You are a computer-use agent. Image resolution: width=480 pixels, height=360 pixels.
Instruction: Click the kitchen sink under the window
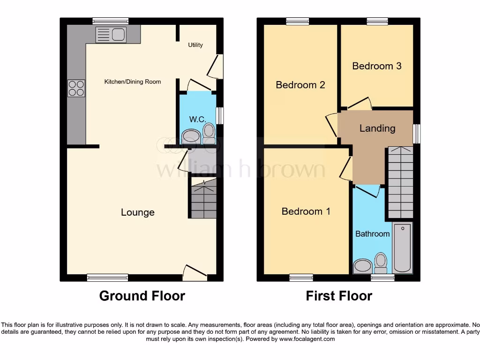[111, 34]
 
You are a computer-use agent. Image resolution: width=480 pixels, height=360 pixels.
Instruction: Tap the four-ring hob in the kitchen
[76, 88]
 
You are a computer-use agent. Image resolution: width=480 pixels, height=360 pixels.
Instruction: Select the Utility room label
[195, 45]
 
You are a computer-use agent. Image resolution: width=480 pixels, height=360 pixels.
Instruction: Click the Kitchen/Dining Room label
[132, 82]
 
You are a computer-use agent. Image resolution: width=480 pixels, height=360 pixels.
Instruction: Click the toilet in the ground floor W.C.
[209, 133]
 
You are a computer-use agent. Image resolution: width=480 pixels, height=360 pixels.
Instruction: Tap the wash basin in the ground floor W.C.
[191, 137]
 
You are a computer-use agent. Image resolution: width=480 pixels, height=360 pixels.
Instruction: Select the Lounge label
[137, 212]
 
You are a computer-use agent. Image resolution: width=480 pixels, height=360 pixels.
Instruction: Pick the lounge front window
[107, 277]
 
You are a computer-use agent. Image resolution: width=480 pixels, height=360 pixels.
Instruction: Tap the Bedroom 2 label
[300, 85]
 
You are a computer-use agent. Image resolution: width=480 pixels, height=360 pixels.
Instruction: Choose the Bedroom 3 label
[376, 66]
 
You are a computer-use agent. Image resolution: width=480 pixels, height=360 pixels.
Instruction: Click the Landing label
[377, 128]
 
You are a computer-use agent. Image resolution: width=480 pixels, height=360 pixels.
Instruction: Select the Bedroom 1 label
[306, 211]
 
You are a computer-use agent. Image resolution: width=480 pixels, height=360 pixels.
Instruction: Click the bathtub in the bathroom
[402, 248]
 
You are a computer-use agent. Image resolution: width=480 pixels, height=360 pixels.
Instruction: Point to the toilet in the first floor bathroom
[381, 263]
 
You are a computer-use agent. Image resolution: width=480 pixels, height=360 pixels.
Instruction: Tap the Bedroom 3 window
[377, 21]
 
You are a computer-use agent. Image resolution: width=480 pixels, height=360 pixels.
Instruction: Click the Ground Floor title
[142, 296]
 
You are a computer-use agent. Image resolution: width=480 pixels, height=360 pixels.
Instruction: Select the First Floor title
[338, 296]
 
